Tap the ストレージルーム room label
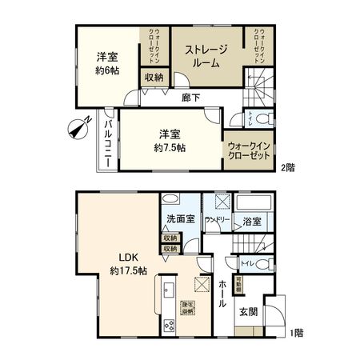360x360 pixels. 207,57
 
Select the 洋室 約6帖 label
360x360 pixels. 108,63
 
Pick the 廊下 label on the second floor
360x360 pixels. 190,98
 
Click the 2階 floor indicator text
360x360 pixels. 286,167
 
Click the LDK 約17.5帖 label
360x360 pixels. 128,264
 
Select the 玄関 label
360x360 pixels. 248,311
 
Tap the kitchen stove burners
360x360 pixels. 169,325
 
